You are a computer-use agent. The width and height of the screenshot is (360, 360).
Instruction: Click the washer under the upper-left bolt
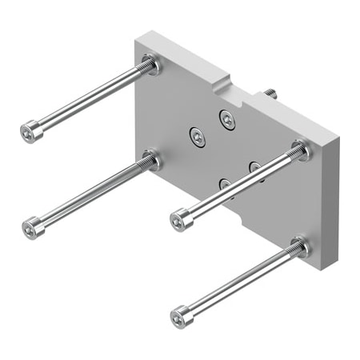coord(151,64)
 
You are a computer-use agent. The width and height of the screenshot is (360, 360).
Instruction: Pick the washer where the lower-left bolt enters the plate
coord(152,160)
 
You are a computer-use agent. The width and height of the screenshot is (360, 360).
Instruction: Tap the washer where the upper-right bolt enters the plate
coord(301,150)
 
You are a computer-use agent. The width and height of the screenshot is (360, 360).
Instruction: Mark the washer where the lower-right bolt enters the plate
coord(301,247)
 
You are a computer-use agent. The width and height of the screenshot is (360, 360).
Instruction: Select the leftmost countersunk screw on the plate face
coord(196,137)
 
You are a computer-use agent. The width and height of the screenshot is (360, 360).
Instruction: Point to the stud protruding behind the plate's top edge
coord(270,94)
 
